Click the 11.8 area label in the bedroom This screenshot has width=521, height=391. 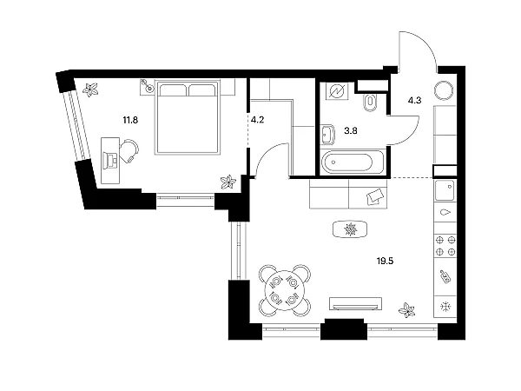130,120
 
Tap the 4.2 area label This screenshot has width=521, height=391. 257,120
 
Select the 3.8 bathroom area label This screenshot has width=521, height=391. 351,130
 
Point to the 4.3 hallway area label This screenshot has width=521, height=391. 415,101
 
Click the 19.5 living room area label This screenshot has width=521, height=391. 385,262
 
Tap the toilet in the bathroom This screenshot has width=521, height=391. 370,103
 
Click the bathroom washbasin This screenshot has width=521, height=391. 327,135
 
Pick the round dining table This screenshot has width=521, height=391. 285,291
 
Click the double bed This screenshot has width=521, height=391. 188,116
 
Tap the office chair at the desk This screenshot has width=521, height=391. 129,151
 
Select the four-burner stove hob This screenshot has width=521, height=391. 445,246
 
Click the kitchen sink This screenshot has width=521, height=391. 445,190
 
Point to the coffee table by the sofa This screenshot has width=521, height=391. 350,229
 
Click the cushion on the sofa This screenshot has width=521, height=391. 377,197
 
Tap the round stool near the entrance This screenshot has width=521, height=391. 443,90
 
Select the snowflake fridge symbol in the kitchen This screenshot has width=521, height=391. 445,306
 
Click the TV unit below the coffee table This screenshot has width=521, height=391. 355,303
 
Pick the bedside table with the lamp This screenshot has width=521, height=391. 147,87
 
